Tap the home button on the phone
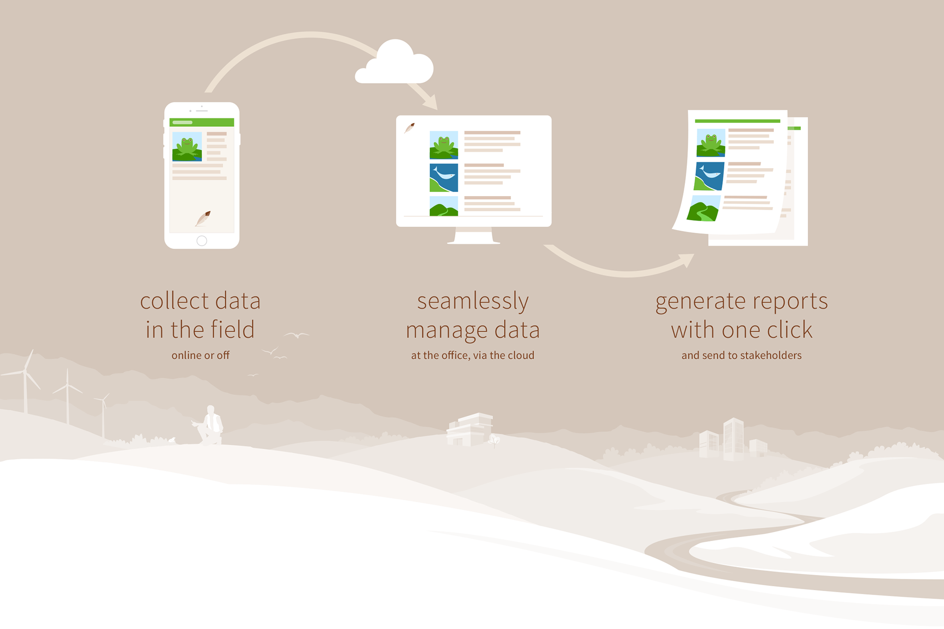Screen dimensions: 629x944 [x=202, y=241]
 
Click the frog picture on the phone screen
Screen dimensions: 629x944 [x=187, y=146]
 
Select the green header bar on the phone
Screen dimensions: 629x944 [x=202, y=122]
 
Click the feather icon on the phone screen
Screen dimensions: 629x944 [x=203, y=218]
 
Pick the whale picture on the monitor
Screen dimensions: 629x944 [x=443, y=177]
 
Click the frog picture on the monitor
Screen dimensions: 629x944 [x=443, y=145]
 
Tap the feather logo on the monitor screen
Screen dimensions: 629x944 [x=409, y=128]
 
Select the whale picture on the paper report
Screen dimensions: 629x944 [x=709, y=176]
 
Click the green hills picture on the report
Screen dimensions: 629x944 [x=704, y=208]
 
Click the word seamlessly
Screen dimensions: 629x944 [x=472, y=301]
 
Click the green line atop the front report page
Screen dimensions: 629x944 [x=737, y=121]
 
